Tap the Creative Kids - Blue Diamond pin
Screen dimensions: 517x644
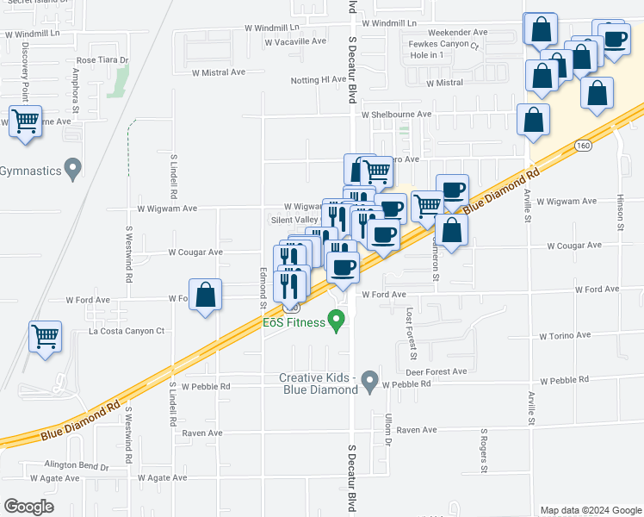tap(370, 380)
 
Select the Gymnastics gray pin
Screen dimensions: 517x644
tap(73, 170)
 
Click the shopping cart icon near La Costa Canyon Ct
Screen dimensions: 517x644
tap(46, 335)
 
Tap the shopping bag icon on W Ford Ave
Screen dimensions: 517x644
tap(206, 296)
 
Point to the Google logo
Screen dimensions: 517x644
tap(28, 507)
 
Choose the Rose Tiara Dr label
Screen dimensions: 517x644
tap(102, 60)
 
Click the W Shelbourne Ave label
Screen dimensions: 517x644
tap(396, 114)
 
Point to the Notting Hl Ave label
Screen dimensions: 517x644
tap(318, 80)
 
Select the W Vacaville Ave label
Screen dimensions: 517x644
tap(295, 41)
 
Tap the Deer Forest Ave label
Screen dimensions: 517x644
tap(436, 371)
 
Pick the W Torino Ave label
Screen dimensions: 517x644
tap(565, 335)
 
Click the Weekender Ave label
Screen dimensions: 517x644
tap(458, 32)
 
